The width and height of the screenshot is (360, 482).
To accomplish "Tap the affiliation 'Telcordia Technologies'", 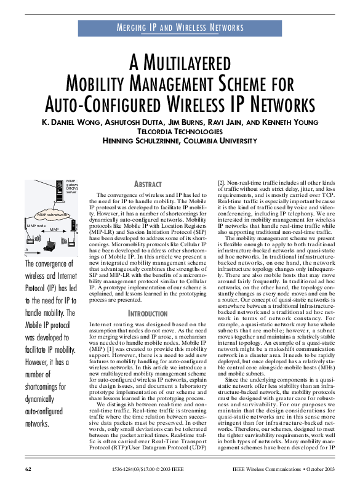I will click(x=180, y=131).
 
